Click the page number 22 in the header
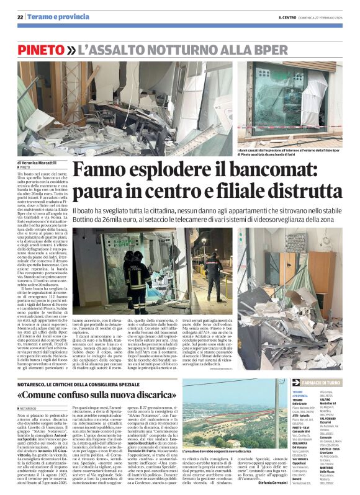[20, 17]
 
